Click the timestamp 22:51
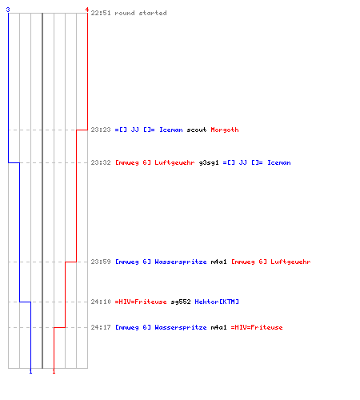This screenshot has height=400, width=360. point(101,13)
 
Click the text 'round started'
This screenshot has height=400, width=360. point(141,13)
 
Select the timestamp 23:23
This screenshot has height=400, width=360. point(101,130)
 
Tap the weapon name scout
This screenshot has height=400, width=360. point(197,130)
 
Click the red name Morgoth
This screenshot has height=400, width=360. point(225,130)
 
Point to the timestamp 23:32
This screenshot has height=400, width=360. point(101,162)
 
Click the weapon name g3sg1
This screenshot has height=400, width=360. point(209,163)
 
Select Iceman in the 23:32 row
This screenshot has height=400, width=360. point(279,162)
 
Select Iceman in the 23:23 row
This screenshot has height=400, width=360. point(171,130)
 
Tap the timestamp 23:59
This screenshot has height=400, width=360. point(101,262)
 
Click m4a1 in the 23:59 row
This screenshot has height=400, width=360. point(218,262)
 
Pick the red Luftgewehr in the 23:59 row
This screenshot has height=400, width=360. point(290,262)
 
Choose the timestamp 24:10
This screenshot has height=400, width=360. point(101,302)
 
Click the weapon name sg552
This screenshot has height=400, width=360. point(181,302)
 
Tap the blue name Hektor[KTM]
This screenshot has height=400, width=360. point(217,302)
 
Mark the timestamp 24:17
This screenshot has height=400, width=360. point(101,327)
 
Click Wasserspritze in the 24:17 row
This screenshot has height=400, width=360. point(181,327)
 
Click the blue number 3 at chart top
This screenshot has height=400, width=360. point(8,10)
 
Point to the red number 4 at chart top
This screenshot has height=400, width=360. point(87,10)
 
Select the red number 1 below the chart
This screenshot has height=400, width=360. point(54,371)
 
